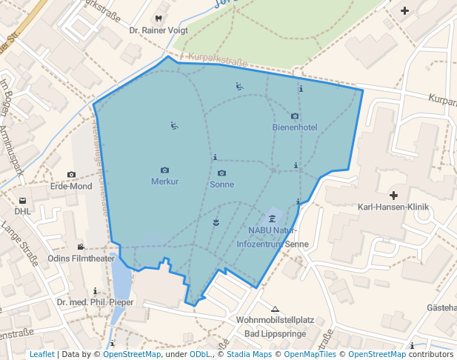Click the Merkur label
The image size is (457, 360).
click(164, 181)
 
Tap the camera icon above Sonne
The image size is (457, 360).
click(221, 173)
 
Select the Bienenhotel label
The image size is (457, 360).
click(295, 127)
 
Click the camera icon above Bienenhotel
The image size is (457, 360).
click(295, 116)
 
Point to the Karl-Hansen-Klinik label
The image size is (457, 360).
click(392, 207)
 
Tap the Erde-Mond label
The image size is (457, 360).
click(71, 186)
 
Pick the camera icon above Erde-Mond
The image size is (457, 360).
click(71, 175)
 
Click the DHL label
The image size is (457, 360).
click(22, 211)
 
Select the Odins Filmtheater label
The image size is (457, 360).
click(81, 259)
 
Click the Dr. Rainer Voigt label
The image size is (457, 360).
click(159, 30)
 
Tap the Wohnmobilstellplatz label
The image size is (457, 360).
click(276, 320)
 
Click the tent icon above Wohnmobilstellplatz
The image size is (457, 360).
click(276, 309)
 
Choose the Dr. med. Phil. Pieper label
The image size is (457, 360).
click(96, 302)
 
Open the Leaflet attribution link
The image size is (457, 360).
click(41, 355)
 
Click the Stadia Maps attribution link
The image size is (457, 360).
click(249, 355)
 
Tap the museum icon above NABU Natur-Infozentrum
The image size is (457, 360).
click(273, 218)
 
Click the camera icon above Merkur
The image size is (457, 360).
click(164, 170)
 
